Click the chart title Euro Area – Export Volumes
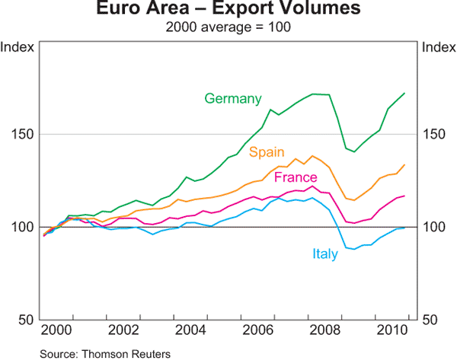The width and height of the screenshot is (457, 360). pyautogui.click(x=228, y=11)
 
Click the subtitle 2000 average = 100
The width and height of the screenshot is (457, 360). pyautogui.click(x=228, y=27)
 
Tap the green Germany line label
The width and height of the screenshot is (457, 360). pyautogui.click(x=233, y=99)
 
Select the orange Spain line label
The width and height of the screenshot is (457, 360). pyautogui.click(x=267, y=152)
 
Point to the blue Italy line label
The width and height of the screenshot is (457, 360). pyautogui.click(x=324, y=254)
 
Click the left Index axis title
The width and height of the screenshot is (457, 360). pyautogui.click(x=18, y=47)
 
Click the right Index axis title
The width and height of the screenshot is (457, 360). pyautogui.click(x=438, y=47)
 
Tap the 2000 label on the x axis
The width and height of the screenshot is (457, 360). pyautogui.click(x=56, y=331)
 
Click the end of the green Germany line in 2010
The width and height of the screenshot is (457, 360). pyautogui.click(x=404, y=93)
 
